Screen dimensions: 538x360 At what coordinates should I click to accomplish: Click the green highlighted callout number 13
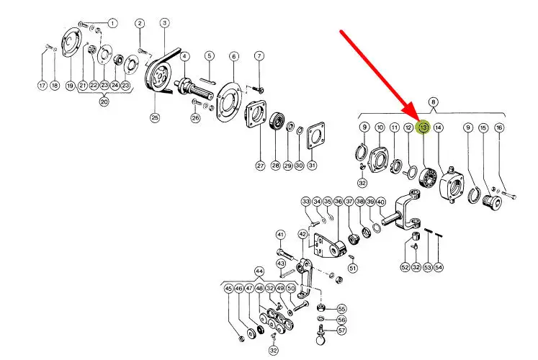click(424, 127)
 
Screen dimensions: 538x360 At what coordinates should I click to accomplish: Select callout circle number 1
click(112, 23)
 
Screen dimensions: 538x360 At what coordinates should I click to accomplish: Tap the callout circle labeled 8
click(434, 102)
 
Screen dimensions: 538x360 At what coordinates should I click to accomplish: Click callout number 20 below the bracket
click(104, 102)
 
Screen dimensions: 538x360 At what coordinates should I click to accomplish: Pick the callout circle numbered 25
click(155, 117)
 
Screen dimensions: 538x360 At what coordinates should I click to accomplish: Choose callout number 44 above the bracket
click(259, 271)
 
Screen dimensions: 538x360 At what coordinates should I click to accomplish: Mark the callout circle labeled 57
click(341, 330)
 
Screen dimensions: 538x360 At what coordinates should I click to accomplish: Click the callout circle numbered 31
click(311, 166)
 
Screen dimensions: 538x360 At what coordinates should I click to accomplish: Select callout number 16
click(499, 127)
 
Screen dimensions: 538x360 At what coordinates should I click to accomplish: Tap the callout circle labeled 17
click(42, 86)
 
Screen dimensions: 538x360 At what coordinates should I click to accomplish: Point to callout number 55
click(341, 309)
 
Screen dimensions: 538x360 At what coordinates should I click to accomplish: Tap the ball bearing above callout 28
click(277, 122)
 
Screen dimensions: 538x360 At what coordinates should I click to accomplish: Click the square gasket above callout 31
click(315, 137)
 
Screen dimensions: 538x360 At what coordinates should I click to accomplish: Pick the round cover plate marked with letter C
click(71, 43)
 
